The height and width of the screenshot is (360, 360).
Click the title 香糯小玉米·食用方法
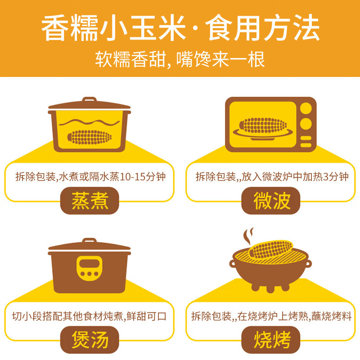[x=180, y=30]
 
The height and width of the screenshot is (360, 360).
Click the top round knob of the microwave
[x=306, y=109]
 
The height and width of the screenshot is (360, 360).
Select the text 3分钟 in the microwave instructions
[x=334, y=176]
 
